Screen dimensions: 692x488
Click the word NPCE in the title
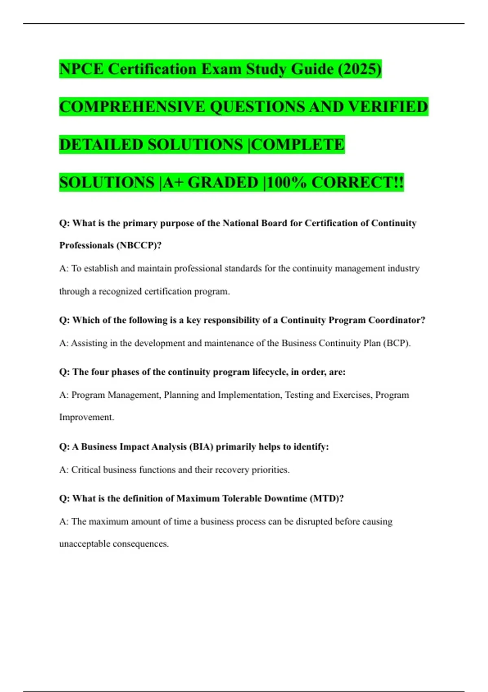point(81,69)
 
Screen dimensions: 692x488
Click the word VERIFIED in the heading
point(388,107)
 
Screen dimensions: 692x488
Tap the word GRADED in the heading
point(223,182)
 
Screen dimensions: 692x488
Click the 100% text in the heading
point(287,182)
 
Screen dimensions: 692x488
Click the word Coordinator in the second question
point(396,320)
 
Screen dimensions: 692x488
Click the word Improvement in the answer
point(87,417)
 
